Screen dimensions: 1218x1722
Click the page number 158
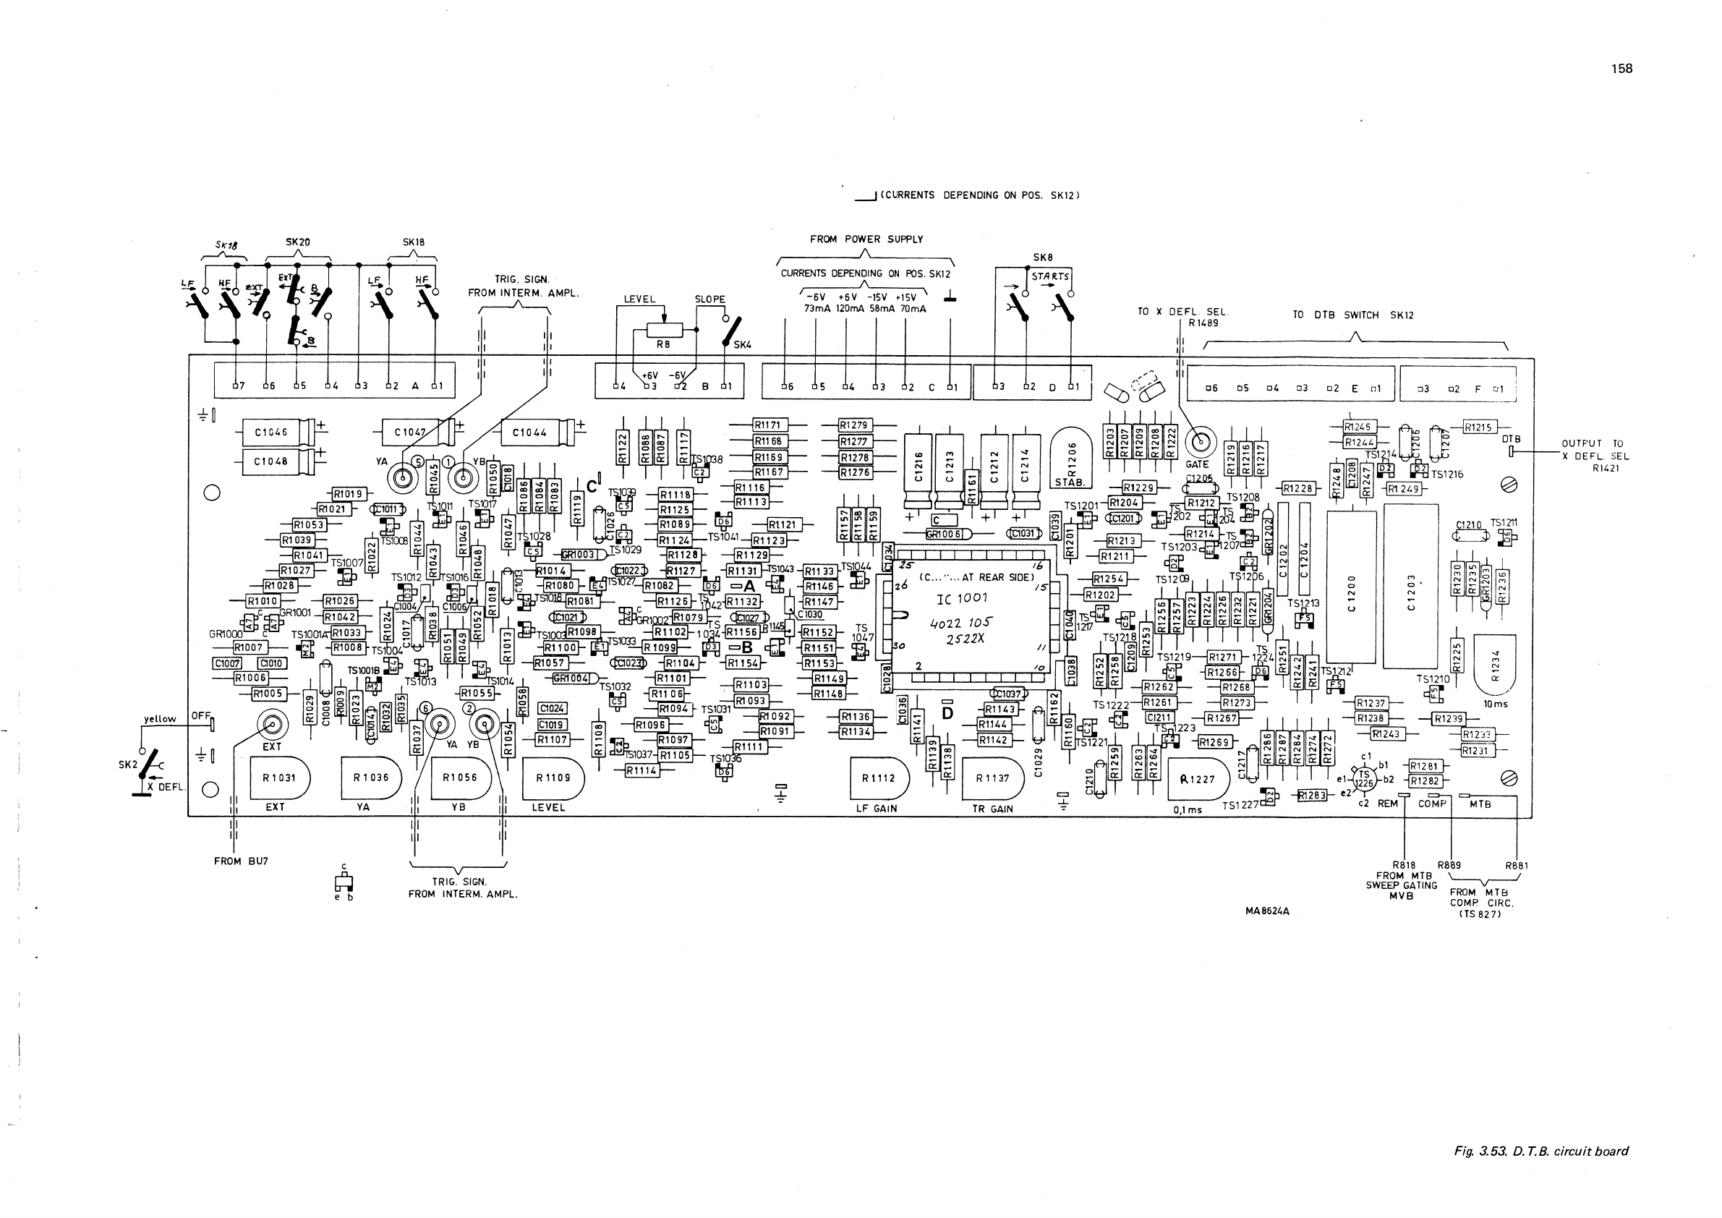(x=1621, y=68)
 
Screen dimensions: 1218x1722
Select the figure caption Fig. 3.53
(x=1540, y=1151)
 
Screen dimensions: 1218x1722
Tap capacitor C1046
(x=270, y=433)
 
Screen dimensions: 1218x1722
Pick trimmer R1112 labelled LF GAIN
(x=878, y=778)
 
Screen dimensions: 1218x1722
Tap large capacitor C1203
(x=1410, y=585)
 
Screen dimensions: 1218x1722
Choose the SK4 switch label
(x=742, y=345)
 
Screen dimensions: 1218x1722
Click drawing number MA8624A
(x=1267, y=911)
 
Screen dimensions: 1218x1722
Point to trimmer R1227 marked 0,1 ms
(x=1198, y=779)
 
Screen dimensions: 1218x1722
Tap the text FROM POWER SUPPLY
(x=866, y=239)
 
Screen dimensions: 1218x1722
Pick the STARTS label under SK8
(x=1050, y=277)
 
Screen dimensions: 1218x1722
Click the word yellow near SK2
(x=160, y=718)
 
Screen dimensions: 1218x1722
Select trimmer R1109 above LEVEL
(x=553, y=778)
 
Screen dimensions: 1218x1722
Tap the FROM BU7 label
(x=241, y=861)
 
